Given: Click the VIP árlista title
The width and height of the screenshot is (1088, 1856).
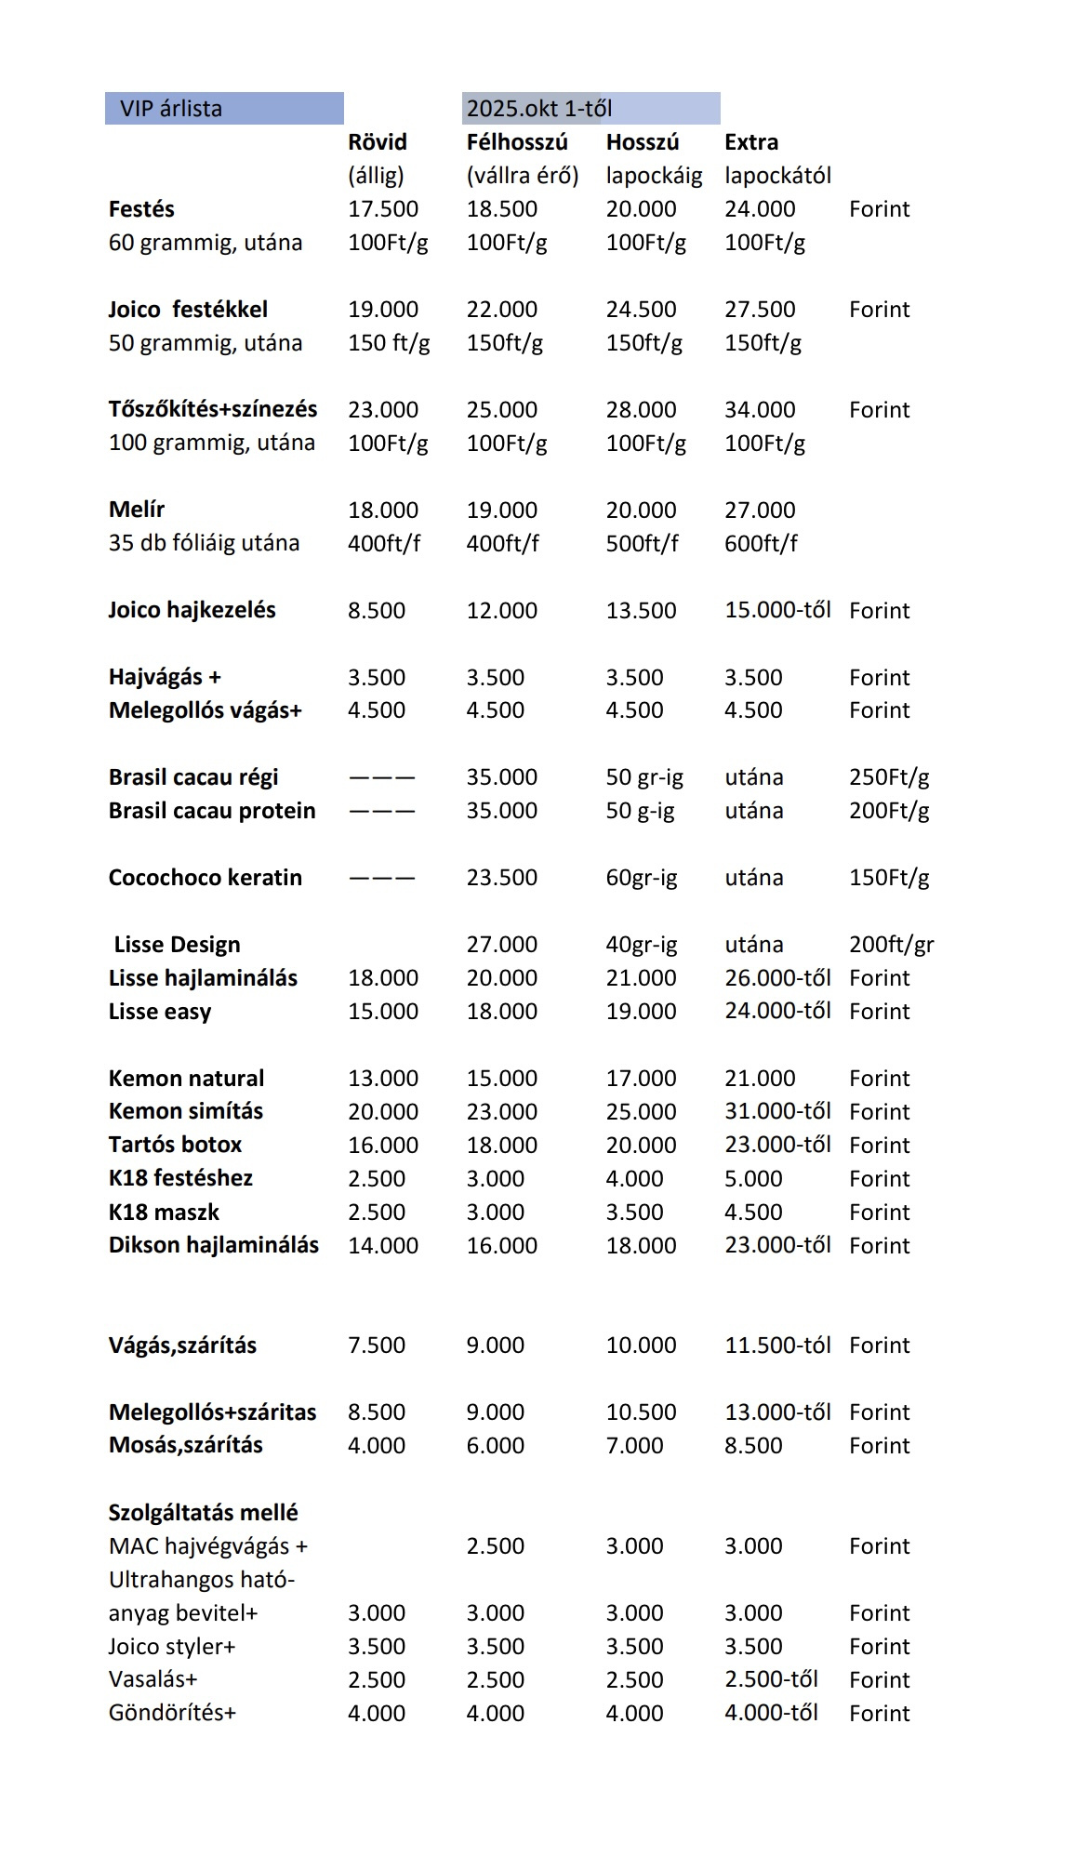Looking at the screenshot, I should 171,109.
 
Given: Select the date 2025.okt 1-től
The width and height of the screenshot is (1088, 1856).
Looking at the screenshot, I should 538,109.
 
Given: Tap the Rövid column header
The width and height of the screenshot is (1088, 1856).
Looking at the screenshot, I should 377,142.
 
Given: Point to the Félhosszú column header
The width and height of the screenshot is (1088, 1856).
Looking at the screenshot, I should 516,142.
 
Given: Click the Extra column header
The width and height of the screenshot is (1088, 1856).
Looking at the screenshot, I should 750,142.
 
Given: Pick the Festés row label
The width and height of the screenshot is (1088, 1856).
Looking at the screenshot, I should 141,209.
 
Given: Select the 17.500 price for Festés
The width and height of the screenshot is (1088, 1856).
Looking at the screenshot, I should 382,209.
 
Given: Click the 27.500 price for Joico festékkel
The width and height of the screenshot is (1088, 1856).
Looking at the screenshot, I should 759,310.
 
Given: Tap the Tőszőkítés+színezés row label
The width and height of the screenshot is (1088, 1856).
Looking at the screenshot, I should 212,409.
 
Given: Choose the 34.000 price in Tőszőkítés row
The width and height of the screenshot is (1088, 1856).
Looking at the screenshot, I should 759,410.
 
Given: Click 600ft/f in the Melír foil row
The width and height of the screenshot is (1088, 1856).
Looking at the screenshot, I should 760,543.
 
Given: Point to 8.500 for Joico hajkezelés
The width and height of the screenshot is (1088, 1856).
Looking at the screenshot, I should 376,611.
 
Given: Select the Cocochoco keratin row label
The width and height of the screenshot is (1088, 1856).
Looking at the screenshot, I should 205,878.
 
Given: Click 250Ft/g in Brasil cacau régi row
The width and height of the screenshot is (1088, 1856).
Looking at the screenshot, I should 888,777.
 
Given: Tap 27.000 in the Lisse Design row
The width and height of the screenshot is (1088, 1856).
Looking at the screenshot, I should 501,945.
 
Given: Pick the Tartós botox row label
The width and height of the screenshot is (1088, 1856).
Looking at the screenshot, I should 175,1145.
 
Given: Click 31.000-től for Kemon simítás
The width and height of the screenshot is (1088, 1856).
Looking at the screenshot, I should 777,1111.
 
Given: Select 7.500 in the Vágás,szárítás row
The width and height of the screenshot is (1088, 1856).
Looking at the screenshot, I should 376,1346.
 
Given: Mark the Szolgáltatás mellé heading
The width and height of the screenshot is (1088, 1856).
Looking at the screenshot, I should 203,1513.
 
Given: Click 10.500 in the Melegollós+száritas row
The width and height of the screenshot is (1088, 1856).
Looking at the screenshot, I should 641,1412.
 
